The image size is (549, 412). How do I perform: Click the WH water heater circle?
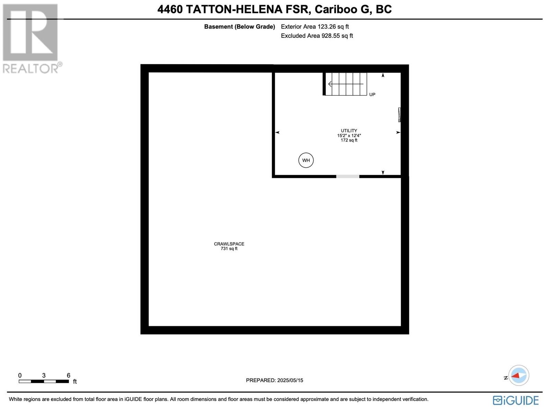pos(306,160)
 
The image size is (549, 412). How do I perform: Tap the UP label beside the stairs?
pos(372,94)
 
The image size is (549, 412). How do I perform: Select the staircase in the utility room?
pos(346,84)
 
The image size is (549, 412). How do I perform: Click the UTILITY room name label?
pos(349,130)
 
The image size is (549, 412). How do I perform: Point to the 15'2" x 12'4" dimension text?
pos(349,135)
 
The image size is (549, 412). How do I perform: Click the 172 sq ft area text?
pos(349,140)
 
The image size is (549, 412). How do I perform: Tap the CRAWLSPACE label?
pos(229,244)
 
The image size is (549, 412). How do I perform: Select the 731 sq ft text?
pos(229,249)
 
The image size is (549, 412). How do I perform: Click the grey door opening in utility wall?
pos(348,176)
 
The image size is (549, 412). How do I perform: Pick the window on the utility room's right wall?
pos(399,115)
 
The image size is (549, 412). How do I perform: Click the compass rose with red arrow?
pos(518,375)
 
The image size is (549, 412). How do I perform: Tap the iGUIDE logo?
pos(516,400)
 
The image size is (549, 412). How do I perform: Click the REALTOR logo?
pos(32,38)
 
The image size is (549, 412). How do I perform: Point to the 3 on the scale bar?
pos(44,375)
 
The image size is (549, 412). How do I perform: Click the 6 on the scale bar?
pos(68,375)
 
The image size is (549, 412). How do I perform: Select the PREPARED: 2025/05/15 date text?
pos(274,380)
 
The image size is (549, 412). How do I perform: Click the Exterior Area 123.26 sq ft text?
pos(315,26)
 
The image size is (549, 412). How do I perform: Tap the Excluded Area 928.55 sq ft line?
pos(317,36)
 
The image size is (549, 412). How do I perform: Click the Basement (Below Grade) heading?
pos(240,26)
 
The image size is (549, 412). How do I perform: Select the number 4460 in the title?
pos(170,9)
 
